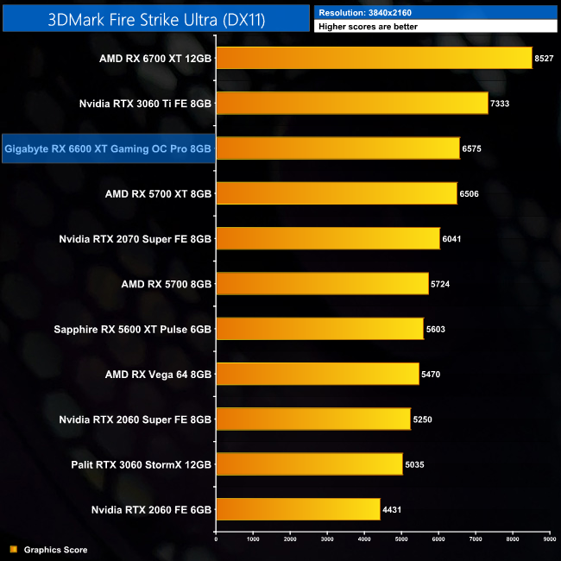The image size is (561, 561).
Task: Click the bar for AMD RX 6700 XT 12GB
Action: (x=374, y=58)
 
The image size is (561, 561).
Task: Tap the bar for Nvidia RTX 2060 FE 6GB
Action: (x=298, y=509)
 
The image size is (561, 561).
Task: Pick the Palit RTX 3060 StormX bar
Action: (x=309, y=464)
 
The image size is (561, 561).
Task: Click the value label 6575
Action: (x=472, y=148)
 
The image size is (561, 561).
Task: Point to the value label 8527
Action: (x=545, y=58)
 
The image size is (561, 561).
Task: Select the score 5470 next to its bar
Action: (x=432, y=374)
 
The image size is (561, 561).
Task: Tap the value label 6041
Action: (x=452, y=238)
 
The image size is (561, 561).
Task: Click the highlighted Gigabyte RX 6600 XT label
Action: (x=108, y=148)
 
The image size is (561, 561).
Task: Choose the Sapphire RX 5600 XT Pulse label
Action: (x=133, y=329)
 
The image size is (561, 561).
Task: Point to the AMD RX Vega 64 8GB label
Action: (x=158, y=374)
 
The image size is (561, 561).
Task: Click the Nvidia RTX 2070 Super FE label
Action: (x=136, y=238)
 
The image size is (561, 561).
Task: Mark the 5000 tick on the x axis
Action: (x=401, y=539)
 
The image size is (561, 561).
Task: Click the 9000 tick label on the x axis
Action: (x=549, y=539)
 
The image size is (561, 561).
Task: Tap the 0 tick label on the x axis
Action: (x=216, y=539)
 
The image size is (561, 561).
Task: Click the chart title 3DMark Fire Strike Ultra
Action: (x=155, y=17)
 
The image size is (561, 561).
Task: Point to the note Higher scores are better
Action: (x=368, y=27)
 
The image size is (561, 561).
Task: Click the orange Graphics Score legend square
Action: (x=13, y=549)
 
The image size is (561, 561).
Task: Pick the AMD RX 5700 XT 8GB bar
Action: (x=336, y=193)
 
